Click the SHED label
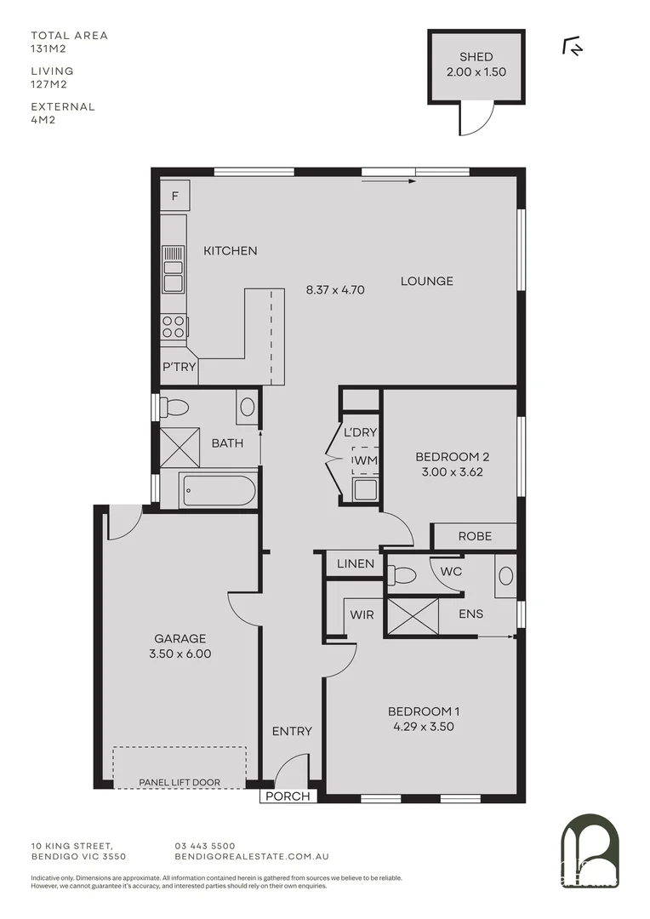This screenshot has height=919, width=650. [476, 57]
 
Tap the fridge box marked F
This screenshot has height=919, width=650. [175, 197]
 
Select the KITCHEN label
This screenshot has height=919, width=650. [230, 251]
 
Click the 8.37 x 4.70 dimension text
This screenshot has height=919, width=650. [335, 289]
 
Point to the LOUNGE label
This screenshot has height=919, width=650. [427, 281]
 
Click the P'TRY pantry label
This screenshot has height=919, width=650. [180, 368]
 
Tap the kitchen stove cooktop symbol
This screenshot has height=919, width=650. [174, 326]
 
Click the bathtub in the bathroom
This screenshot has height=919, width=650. [218, 490]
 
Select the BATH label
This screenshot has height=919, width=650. [227, 442]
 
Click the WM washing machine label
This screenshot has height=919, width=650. [366, 460]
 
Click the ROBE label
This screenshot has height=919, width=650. [475, 536]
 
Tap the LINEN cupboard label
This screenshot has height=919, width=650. [355, 564]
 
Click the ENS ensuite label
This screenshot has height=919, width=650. [471, 613]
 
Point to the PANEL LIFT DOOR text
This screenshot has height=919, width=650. [180, 782]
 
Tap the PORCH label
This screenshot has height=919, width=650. [289, 796]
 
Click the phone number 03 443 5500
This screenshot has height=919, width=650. [204, 845]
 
